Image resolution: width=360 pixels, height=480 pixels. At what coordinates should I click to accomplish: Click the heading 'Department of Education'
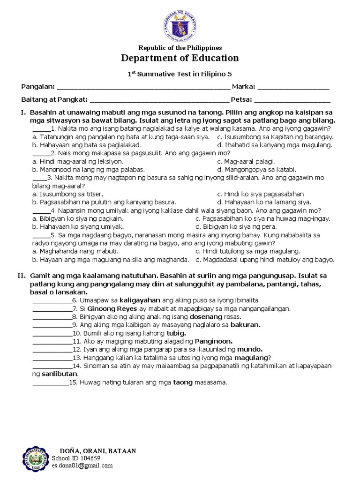pyautogui.click(x=180, y=58)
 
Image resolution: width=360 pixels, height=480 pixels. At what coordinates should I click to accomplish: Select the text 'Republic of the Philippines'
pyautogui.click(x=180, y=48)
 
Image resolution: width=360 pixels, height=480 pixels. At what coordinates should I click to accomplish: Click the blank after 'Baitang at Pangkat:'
pyautogui.click(x=159, y=99)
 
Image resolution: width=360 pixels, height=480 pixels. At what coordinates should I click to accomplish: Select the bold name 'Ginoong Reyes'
pyautogui.click(x=107, y=309)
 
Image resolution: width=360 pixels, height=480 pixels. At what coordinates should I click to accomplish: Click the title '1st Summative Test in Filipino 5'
pyautogui.click(x=180, y=74)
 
